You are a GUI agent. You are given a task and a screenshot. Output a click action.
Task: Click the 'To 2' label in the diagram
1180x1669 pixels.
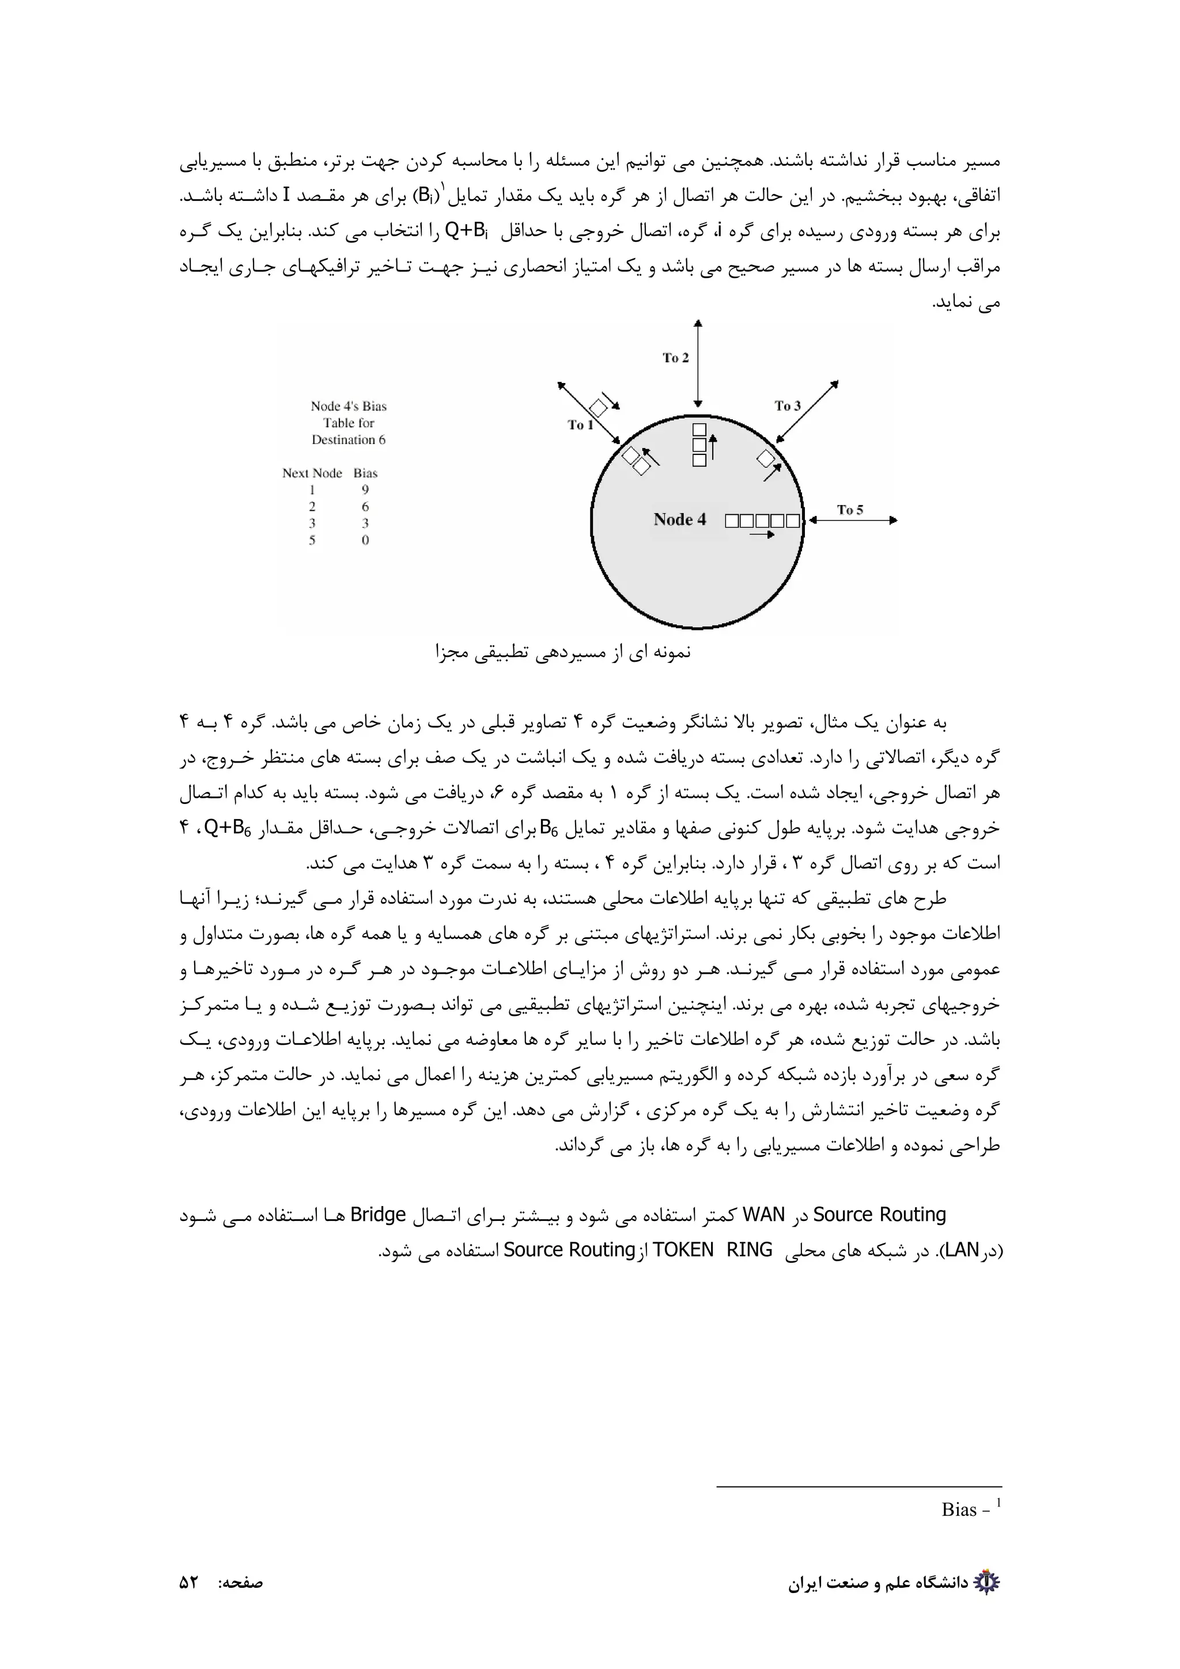tap(675, 358)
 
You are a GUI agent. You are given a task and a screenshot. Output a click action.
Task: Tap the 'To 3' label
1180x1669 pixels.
tap(788, 405)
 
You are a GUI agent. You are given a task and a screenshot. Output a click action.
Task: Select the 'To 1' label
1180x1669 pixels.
tap(580, 424)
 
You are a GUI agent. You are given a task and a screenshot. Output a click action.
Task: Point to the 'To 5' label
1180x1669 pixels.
tap(850, 510)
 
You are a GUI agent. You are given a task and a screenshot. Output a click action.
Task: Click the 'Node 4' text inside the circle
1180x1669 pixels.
tap(680, 519)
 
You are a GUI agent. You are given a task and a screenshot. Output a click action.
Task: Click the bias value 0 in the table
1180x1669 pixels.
tap(365, 540)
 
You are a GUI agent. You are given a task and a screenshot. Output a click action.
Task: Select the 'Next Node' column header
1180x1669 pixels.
tap(312, 473)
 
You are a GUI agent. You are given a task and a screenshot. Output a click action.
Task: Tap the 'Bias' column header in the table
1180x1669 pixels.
tap(366, 473)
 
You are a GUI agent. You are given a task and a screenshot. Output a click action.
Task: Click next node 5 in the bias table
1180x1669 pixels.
tap(312, 540)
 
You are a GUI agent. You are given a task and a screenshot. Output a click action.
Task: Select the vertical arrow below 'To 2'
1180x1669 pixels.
tap(698, 363)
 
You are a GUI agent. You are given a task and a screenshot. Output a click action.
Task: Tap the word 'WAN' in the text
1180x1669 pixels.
tap(764, 1215)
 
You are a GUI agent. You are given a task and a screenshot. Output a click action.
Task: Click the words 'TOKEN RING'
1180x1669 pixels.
tap(713, 1250)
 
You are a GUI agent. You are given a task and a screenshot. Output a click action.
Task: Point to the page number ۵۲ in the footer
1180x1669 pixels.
tap(189, 1583)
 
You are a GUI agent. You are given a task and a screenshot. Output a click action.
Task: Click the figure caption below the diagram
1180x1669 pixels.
tap(563, 652)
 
